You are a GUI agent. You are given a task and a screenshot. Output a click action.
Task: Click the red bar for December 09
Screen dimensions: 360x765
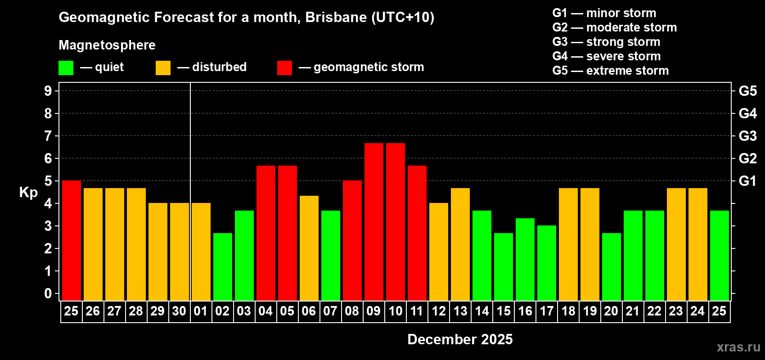374,222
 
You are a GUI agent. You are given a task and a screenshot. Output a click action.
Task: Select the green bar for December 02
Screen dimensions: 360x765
223,267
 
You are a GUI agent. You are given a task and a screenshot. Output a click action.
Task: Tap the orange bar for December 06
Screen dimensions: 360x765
309,248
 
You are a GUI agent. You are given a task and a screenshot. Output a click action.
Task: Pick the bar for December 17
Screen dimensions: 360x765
547,263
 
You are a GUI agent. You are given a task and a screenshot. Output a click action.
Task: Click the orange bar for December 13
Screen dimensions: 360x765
460,244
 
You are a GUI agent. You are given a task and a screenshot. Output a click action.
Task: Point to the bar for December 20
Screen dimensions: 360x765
612,267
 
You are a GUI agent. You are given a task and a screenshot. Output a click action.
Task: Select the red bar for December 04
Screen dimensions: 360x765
266,233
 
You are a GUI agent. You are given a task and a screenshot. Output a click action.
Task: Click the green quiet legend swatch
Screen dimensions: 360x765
66,68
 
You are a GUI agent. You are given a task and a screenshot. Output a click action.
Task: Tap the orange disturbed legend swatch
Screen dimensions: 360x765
163,68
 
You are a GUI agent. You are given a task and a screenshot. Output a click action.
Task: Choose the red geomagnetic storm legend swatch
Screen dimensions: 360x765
284,68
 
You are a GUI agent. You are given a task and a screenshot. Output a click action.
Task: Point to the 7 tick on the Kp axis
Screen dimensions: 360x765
48,136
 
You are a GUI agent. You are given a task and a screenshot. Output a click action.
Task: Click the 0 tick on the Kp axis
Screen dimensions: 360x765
48,293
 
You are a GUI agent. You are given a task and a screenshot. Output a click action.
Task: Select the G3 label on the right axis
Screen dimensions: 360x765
747,136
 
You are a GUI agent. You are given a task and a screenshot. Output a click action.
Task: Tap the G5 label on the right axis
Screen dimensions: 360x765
747,91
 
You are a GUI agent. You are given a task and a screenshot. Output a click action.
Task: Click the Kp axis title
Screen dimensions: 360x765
28,192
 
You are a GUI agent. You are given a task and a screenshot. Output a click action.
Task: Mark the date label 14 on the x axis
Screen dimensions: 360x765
482,311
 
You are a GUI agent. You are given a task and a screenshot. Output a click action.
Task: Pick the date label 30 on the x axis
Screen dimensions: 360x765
179,311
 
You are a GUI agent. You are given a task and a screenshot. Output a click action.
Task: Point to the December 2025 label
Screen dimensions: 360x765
460,339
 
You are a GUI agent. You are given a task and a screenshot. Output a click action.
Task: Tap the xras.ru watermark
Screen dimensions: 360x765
738,347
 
